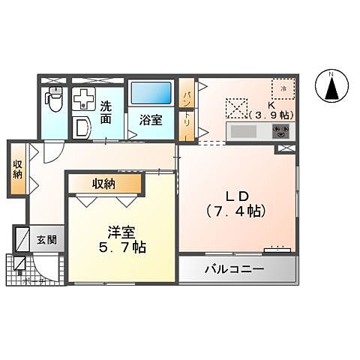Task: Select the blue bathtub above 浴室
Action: pyautogui.click(x=151, y=94)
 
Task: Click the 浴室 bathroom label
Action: pyautogui.click(x=151, y=119)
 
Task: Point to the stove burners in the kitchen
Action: pyautogui.click(x=281, y=131)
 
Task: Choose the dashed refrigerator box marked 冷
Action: pyautogui.click(x=283, y=89)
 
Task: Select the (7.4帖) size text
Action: pyautogui.click(x=234, y=211)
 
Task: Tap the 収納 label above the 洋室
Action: pyautogui.click(x=104, y=184)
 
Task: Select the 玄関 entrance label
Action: pyautogui.click(x=47, y=241)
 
